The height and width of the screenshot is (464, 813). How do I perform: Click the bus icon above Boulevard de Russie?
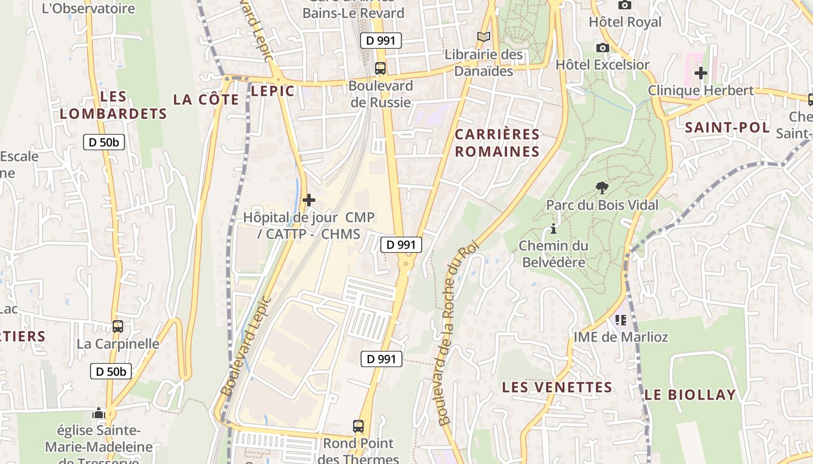[x=380, y=68]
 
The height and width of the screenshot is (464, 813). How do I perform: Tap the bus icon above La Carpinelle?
[x=118, y=327]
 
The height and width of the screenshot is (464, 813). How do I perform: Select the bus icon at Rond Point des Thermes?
[x=358, y=426]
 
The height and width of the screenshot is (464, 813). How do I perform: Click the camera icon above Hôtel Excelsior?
[x=603, y=48]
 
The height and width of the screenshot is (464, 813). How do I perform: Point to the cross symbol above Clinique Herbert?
[x=701, y=73]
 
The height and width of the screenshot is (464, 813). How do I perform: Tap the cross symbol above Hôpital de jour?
[x=309, y=201]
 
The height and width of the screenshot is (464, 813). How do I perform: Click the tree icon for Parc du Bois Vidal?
[x=602, y=187]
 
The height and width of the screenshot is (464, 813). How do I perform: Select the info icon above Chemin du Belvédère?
[x=553, y=229]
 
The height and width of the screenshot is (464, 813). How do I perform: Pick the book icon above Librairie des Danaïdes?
[x=484, y=37]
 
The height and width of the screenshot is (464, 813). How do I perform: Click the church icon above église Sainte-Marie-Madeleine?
[x=99, y=414]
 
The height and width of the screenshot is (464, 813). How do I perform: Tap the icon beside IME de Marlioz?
[x=621, y=320]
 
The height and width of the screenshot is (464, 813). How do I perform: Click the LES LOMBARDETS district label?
[x=113, y=105]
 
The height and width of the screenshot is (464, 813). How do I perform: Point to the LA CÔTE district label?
[x=206, y=100]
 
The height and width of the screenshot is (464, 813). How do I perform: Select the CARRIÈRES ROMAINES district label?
[x=497, y=143]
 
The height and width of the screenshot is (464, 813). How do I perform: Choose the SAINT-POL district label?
[x=727, y=128]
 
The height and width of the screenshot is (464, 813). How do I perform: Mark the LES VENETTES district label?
[x=557, y=387]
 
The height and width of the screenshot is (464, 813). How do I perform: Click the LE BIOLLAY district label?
[x=690, y=395]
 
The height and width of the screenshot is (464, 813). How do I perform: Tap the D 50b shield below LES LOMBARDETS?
[x=104, y=142]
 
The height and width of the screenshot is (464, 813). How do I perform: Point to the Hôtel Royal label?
[x=625, y=22]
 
